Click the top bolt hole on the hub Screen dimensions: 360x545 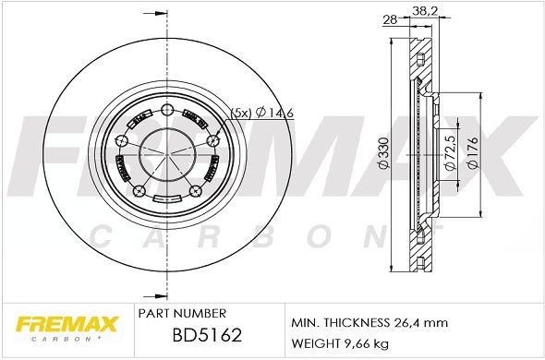(167, 112)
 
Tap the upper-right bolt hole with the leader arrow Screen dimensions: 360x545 (213, 140)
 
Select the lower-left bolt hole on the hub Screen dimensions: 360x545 (139, 191)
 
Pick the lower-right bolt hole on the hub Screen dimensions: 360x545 (196, 191)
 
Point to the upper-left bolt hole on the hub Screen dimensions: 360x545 (121, 140)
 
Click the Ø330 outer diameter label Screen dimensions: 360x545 (382, 150)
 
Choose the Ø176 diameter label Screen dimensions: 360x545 (472, 151)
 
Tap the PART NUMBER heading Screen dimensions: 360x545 (175, 314)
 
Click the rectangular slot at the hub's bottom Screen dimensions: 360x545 (167, 198)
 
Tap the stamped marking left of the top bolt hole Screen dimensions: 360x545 (141, 117)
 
